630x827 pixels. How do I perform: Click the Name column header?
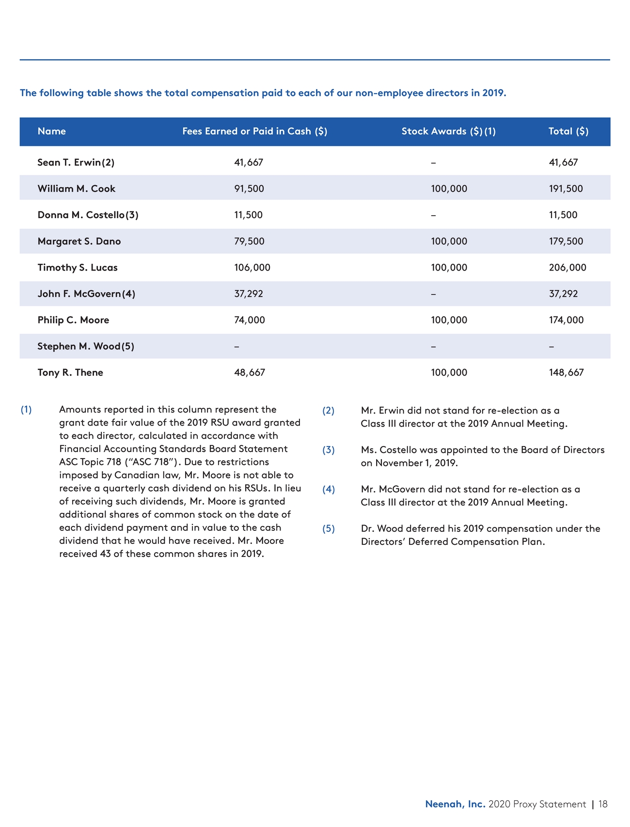point(51,131)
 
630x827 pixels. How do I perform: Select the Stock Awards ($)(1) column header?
point(448,131)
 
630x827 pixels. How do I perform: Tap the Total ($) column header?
point(568,131)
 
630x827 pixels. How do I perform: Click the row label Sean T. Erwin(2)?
point(76,162)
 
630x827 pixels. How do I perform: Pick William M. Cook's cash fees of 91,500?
point(249,189)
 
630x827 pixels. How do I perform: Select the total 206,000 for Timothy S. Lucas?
point(567,268)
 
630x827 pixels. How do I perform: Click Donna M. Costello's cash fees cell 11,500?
point(248,215)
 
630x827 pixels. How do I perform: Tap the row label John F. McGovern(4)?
point(86,294)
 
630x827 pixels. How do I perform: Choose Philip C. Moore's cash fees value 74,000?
point(249,320)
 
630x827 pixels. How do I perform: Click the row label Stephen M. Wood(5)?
point(86,346)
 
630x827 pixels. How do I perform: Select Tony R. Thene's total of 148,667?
point(566,372)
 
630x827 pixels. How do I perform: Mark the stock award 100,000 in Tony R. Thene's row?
point(449,372)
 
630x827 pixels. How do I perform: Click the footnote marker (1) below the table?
point(26,410)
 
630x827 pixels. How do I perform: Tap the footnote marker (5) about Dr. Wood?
point(329,528)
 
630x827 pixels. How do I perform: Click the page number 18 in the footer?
point(603,804)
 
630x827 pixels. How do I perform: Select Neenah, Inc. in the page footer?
point(455,804)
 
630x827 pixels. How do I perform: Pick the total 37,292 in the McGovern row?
point(563,294)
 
